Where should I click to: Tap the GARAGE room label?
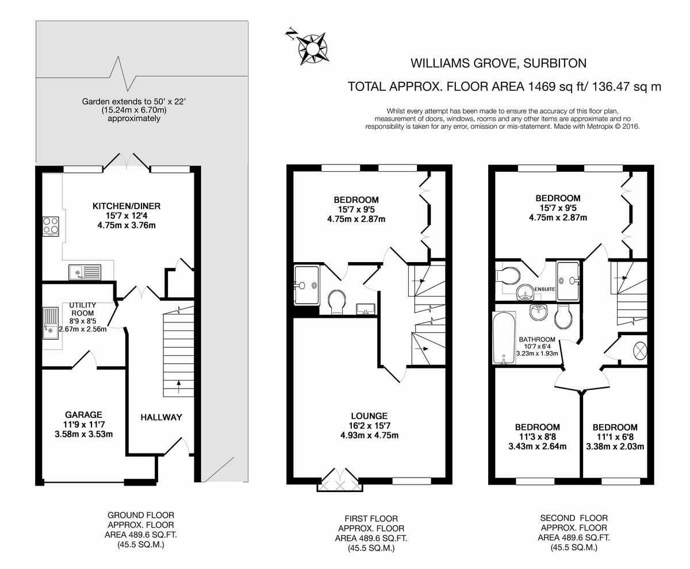coord(83,414)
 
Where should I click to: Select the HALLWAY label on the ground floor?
coord(161,417)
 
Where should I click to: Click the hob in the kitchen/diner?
coord(51,226)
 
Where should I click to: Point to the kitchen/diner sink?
coord(84,271)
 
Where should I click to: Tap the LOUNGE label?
coord(370,416)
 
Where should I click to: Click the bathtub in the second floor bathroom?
coord(504,338)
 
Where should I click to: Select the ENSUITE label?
coord(544,289)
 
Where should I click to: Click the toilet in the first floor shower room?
coord(337,301)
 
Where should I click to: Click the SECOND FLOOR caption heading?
coord(574,518)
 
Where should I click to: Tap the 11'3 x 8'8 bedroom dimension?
coord(537,437)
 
